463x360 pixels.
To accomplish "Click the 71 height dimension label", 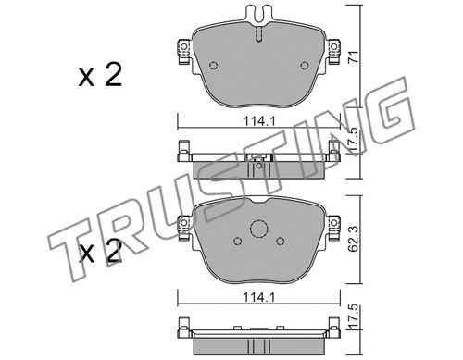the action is pos(355,57).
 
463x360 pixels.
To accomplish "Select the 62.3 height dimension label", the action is pos(355,238).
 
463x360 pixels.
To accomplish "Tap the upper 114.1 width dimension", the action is pos(259,121).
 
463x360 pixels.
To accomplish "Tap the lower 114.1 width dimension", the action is pos(259,297).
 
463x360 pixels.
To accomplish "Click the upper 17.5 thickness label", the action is pos(355,140).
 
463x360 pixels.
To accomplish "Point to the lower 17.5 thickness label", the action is pos(355,317).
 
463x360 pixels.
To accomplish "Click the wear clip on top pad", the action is pos(259,15).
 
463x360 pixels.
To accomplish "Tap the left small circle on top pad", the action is pos(213,66).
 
